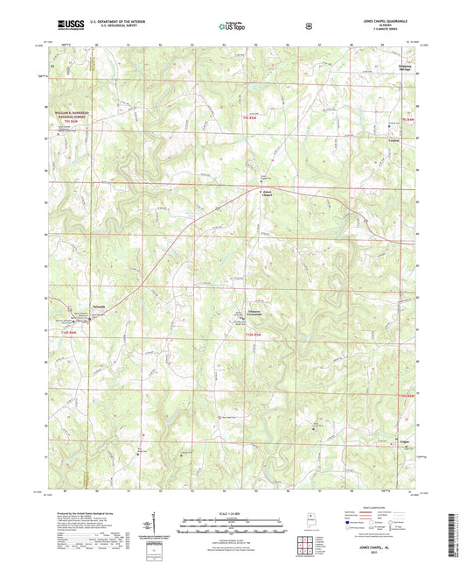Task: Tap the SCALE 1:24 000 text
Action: click(233, 512)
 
